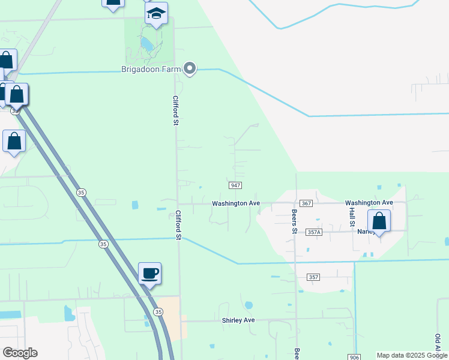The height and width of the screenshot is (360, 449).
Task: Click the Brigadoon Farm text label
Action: (x=151, y=70)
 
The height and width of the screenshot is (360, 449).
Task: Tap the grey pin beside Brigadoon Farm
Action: (x=190, y=69)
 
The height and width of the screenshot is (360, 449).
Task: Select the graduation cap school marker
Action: (x=156, y=14)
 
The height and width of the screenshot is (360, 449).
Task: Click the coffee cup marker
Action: (x=150, y=274)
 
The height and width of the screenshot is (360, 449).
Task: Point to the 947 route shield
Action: (x=235, y=185)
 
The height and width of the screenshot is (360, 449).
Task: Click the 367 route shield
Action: (x=306, y=203)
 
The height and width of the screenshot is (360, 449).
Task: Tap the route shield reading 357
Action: (x=313, y=277)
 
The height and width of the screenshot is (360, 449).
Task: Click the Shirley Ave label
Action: (x=238, y=320)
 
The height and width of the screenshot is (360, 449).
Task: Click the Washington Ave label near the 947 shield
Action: (x=235, y=203)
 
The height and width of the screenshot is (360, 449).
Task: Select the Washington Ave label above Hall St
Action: (x=369, y=203)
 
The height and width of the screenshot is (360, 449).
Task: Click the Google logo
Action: (x=20, y=352)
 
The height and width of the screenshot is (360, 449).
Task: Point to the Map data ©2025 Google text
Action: (x=411, y=355)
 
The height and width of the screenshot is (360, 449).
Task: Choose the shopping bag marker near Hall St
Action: (x=379, y=221)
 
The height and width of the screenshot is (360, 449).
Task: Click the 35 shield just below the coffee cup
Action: (x=158, y=312)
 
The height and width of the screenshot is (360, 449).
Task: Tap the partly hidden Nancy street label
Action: (x=364, y=232)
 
